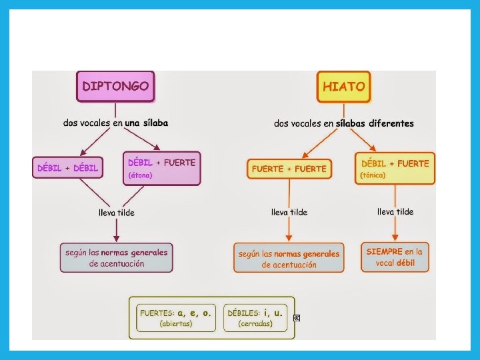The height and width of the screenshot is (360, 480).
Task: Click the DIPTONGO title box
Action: (x=115, y=87)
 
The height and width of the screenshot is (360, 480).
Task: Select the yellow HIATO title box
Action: (x=343, y=87)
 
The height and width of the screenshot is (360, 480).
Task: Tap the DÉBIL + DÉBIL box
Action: (x=67, y=168)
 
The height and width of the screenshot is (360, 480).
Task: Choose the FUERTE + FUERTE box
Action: (x=289, y=169)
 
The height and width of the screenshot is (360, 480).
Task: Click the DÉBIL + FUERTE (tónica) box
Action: (x=395, y=168)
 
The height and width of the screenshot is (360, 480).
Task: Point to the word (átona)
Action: (x=141, y=175)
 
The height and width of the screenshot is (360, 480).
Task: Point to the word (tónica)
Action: (x=373, y=175)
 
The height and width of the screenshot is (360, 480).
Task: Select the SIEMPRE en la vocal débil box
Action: (x=395, y=257)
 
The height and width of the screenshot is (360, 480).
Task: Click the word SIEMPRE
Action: (x=385, y=251)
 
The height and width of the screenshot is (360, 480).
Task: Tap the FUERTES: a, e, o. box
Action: (x=176, y=317)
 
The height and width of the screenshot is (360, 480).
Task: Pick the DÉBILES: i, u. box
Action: (x=255, y=317)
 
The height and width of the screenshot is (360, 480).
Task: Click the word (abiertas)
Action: (x=176, y=324)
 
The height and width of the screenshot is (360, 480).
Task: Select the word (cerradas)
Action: (x=255, y=324)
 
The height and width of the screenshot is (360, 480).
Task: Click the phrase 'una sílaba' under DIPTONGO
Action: (x=146, y=123)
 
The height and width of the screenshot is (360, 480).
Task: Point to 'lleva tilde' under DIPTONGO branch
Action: (x=117, y=213)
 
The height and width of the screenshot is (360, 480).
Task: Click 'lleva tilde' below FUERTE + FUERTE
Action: (x=289, y=212)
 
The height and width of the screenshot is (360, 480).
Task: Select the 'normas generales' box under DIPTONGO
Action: (x=116, y=257)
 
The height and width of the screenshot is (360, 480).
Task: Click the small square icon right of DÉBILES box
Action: (x=297, y=318)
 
